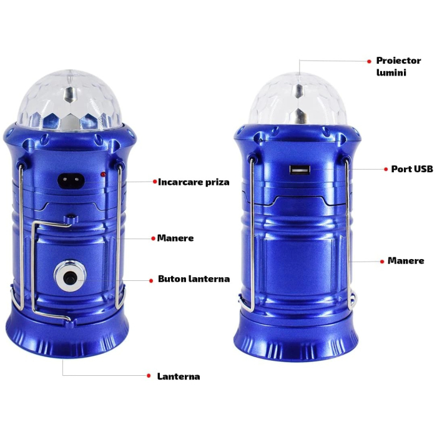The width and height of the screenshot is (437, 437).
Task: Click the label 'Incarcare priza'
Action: (x=194, y=182)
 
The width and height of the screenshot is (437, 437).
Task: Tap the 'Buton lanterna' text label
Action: (x=194, y=279)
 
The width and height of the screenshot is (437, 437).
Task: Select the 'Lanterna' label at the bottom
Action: (x=179, y=376)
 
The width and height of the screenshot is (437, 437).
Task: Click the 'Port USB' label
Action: (x=412, y=169)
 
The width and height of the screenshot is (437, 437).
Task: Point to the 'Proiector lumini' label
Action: (x=399, y=67)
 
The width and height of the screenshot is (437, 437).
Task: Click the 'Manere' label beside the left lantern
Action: (x=176, y=238)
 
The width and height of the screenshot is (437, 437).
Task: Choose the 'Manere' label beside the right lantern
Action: (x=406, y=260)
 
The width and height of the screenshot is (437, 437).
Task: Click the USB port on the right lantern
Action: (x=300, y=169)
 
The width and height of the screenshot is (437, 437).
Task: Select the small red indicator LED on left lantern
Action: (x=102, y=175)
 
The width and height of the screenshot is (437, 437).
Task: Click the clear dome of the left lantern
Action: (x=71, y=100)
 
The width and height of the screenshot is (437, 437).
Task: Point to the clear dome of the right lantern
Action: (x=297, y=100)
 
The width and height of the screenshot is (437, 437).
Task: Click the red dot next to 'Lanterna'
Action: (x=149, y=376)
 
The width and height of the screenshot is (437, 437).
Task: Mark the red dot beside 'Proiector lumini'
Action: (x=368, y=61)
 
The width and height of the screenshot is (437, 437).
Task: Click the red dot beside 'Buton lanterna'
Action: (x=150, y=280)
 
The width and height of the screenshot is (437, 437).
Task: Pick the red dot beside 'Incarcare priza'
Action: (x=154, y=182)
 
